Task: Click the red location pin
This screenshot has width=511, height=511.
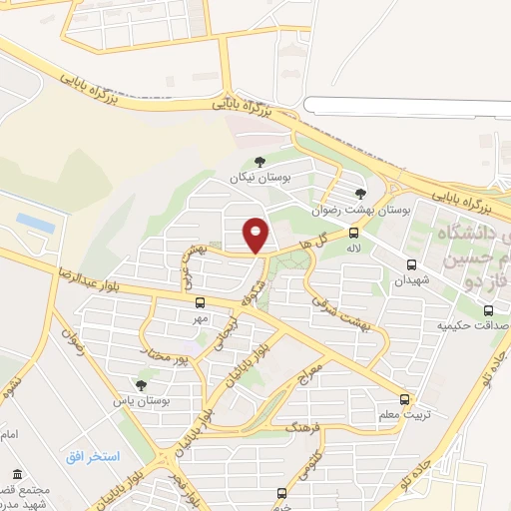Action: point(256,235)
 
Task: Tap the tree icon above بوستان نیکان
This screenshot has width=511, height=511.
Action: point(259,161)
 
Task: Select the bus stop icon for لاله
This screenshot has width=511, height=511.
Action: point(353,232)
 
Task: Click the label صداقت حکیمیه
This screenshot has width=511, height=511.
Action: point(475,325)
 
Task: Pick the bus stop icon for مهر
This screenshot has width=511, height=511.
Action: point(201,302)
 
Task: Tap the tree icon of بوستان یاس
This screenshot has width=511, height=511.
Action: point(140,384)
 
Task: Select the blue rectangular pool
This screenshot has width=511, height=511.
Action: point(36,223)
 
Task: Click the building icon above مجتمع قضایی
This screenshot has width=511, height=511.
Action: point(17,474)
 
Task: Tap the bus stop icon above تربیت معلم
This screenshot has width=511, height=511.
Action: point(403,397)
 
